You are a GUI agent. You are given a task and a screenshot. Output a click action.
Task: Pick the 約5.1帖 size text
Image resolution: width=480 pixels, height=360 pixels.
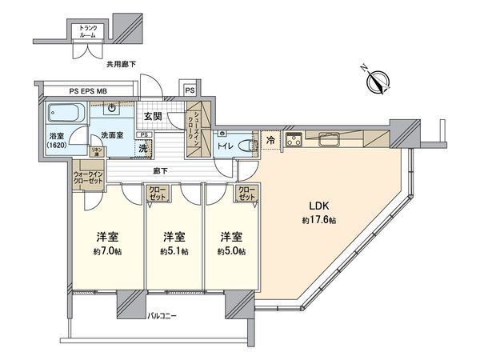pyautogui.click(x=174, y=250)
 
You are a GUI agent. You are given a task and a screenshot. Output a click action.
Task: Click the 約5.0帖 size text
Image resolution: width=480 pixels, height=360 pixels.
pyautogui.click(x=230, y=250)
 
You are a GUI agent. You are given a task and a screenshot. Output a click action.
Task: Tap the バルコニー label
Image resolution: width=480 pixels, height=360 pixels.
pyautogui.click(x=162, y=316)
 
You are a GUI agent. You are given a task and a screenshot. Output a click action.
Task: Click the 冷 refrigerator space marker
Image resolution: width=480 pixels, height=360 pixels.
pyautogui.click(x=270, y=139)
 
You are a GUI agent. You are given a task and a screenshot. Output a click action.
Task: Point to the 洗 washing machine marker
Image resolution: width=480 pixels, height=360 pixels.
pyautogui.click(x=144, y=148)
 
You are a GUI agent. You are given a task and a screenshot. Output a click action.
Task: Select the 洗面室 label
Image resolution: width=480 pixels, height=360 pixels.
pyautogui.click(x=110, y=134)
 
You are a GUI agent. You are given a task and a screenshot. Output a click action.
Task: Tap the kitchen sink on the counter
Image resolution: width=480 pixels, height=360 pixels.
pyautogui.click(x=330, y=141)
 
